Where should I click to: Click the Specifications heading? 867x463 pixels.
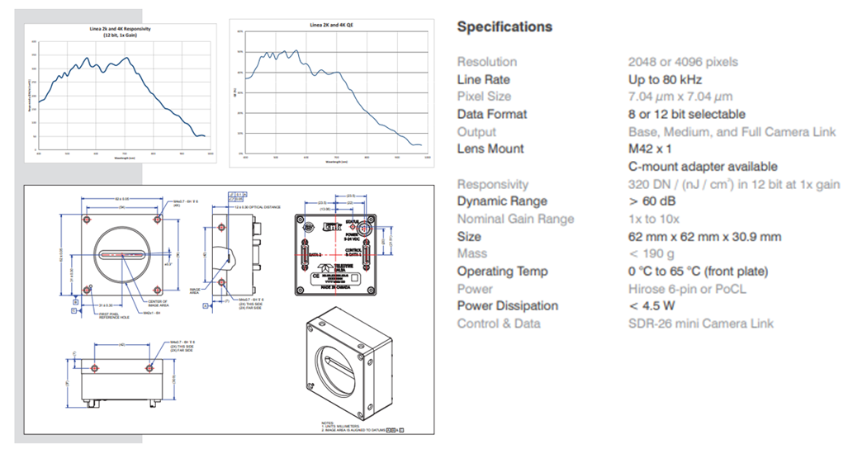pyautogui.click(x=505, y=26)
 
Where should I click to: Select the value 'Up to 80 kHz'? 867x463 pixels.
pyautogui.click(x=665, y=80)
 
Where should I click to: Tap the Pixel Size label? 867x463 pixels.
pyautogui.click(x=484, y=97)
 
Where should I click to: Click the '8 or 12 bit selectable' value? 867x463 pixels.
pyautogui.click(x=686, y=114)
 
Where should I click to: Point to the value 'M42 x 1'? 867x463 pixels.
pyautogui.click(x=650, y=149)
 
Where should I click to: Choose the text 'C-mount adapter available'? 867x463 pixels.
pyautogui.click(x=703, y=167)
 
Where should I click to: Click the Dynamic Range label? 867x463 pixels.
pyautogui.click(x=502, y=201)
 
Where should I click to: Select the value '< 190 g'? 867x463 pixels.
pyautogui.click(x=651, y=254)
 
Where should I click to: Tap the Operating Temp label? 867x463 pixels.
pyautogui.click(x=502, y=272)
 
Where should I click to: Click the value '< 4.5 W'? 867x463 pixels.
pyautogui.click(x=651, y=306)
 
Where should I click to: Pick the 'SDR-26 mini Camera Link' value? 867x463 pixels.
pyautogui.click(x=701, y=324)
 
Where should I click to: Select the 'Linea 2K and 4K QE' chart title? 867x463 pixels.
pyautogui.click(x=332, y=25)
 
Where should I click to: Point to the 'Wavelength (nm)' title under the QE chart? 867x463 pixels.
pyautogui.click(x=332, y=163)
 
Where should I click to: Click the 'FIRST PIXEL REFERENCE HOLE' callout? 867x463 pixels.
pyautogui.click(x=92, y=317)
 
